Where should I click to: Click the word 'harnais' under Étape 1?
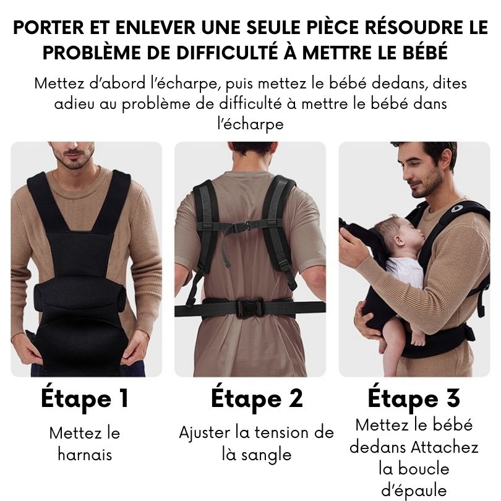point(85,455)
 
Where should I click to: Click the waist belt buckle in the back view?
point(249,308)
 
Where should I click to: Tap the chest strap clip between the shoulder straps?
point(246,227)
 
